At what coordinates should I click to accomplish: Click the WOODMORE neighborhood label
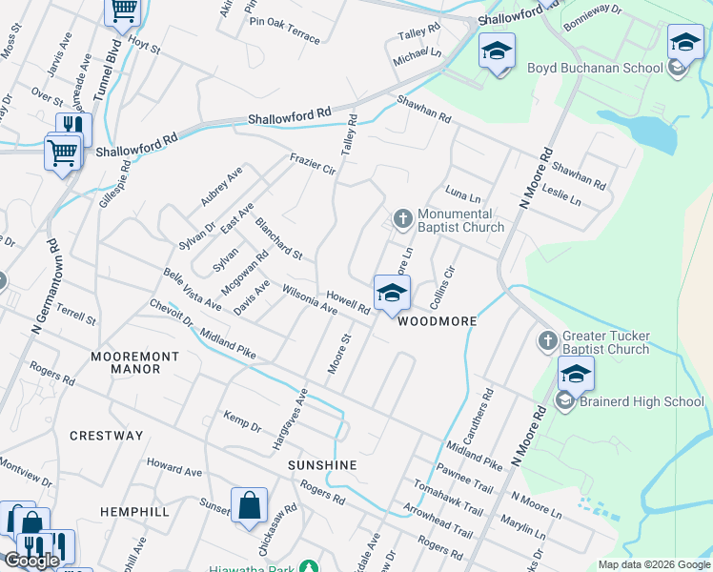click(436, 322)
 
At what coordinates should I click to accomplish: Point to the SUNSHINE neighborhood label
click(322, 465)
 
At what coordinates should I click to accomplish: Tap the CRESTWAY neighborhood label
click(106, 436)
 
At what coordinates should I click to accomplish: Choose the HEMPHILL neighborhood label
click(134, 512)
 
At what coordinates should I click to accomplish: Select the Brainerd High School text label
click(642, 401)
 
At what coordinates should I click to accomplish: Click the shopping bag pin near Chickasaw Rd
click(249, 506)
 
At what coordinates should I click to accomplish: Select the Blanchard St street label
click(278, 239)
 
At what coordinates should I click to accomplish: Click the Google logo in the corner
click(32, 561)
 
